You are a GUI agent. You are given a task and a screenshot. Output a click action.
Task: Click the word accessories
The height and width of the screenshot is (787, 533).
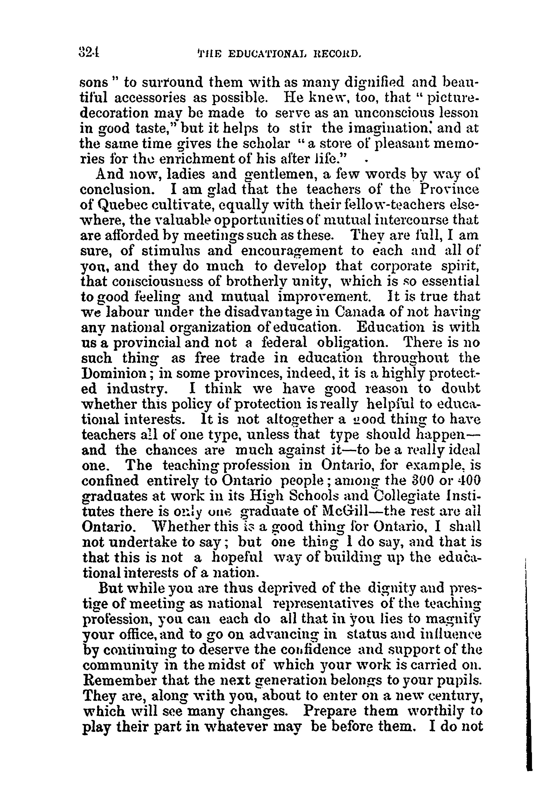click(150, 98)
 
